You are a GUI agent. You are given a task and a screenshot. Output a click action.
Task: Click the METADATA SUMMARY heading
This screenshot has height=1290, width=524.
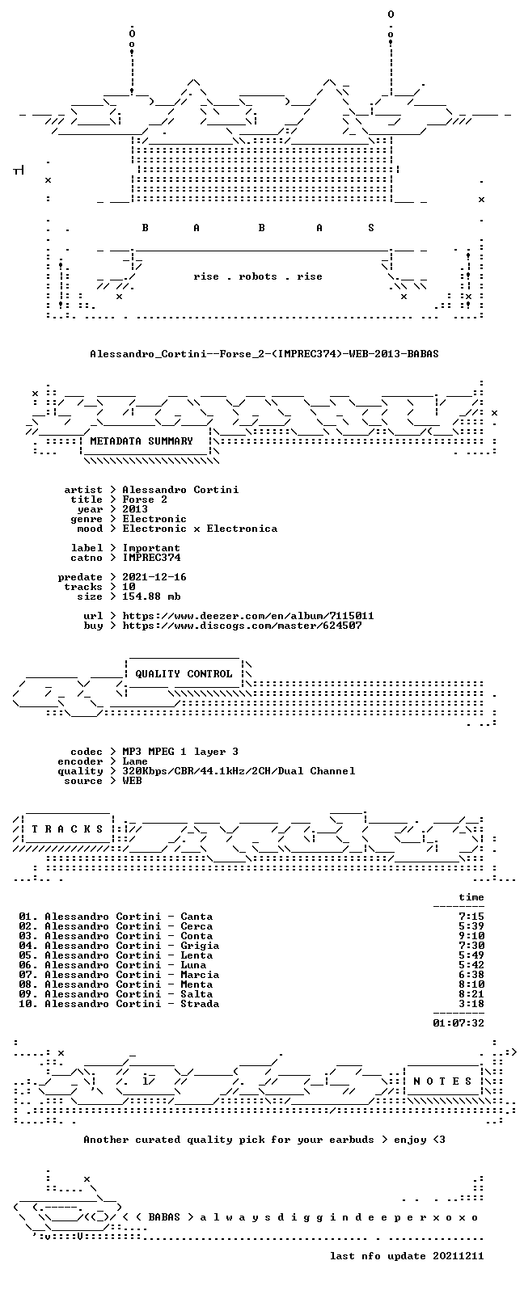(142, 441)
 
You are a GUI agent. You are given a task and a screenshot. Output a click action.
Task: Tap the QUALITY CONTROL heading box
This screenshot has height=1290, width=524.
(184, 674)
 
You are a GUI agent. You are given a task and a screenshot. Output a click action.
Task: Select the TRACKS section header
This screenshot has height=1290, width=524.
(67, 828)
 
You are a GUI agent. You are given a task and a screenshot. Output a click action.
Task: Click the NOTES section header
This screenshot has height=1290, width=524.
(442, 1081)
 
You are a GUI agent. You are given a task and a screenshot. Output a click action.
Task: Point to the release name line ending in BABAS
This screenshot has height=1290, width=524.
(264, 353)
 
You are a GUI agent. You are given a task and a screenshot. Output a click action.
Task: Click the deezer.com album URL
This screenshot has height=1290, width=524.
(248, 616)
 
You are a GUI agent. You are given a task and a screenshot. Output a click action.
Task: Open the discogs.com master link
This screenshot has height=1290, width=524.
(242, 626)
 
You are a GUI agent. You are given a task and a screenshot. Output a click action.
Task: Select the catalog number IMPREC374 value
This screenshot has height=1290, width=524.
(151, 558)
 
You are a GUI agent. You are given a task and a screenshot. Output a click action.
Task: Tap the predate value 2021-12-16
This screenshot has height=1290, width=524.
(154, 577)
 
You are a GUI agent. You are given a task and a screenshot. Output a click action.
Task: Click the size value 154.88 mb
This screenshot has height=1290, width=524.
(151, 597)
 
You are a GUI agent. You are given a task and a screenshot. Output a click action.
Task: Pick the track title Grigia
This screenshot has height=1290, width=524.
(200, 946)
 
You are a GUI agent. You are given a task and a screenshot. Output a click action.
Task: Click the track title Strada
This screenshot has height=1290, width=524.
(200, 1004)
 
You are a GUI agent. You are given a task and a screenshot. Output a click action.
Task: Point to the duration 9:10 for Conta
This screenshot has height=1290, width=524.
(471, 936)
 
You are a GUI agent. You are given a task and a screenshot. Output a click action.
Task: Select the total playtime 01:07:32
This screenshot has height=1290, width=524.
(458, 1023)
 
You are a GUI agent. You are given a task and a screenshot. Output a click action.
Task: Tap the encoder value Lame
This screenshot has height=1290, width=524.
(135, 761)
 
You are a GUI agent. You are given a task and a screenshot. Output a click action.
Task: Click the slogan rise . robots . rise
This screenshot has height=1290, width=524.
(258, 276)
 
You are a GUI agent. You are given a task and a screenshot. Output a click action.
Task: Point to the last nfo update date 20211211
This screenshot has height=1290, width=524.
(458, 1256)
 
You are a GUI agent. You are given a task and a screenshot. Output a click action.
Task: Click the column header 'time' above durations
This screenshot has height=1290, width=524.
(471, 897)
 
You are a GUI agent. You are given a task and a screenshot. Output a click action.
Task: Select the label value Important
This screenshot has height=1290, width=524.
(151, 548)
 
